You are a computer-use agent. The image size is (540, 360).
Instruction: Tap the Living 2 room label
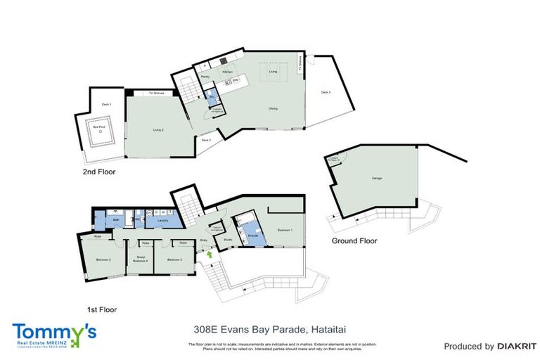point(158,129)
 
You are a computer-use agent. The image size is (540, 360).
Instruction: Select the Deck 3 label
point(325,92)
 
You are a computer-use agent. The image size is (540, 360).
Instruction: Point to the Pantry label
point(205,76)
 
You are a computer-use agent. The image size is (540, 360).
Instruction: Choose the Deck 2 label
point(206,141)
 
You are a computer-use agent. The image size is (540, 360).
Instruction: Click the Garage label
point(377,179)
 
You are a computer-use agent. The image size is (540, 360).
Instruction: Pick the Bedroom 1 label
point(284,230)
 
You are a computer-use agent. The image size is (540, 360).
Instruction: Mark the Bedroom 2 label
point(103,259)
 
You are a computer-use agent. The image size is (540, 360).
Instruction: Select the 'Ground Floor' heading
point(354,240)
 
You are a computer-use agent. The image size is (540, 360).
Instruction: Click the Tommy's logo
point(54,333)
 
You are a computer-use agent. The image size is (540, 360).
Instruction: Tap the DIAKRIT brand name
point(517,346)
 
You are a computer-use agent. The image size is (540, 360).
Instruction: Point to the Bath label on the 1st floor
point(116,220)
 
